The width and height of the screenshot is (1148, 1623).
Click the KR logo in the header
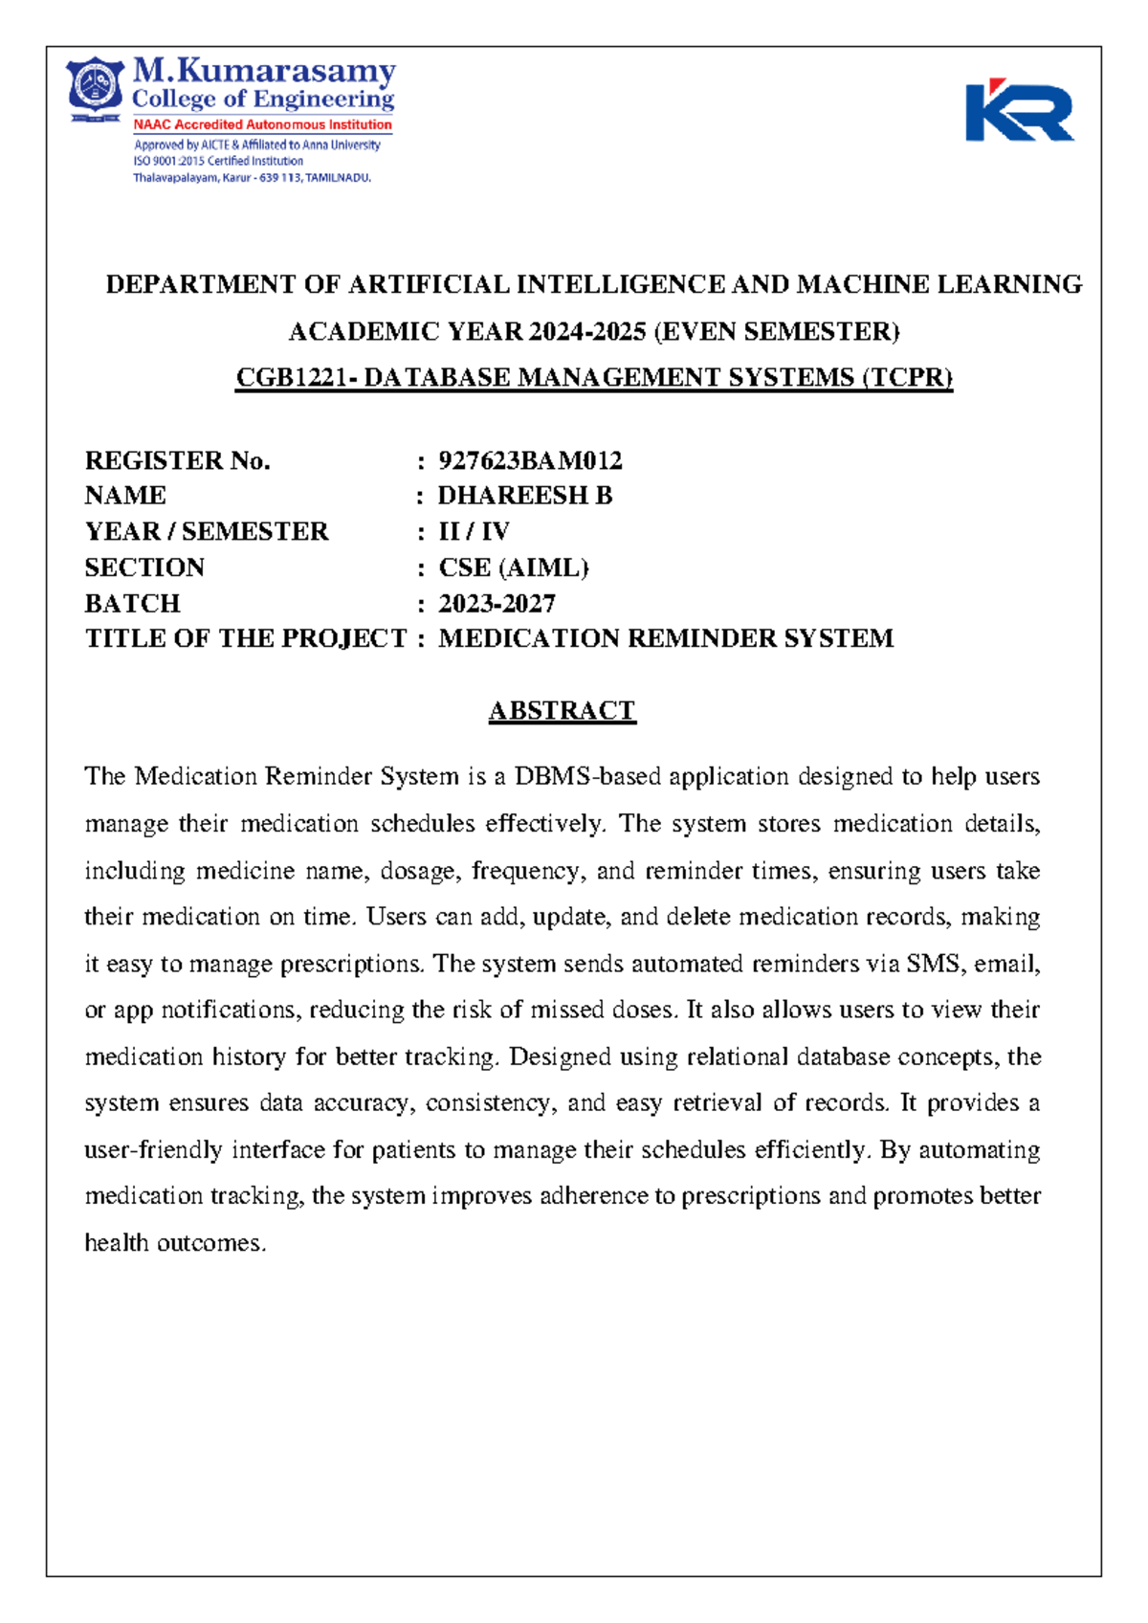coord(1019,111)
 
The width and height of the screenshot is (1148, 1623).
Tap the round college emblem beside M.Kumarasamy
coord(95,87)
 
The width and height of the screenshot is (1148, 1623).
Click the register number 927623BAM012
coord(530,460)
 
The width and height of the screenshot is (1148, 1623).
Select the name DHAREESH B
coord(524,496)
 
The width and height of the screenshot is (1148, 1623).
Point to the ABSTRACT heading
coord(562,711)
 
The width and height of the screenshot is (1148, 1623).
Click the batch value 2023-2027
coord(497,604)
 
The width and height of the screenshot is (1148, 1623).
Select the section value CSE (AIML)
coord(513,567)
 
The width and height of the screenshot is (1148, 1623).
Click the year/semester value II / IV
coord(474,531)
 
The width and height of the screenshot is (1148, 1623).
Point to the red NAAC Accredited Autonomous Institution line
coord(262,124)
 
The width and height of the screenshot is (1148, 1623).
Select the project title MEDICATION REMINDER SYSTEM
coord(665,638)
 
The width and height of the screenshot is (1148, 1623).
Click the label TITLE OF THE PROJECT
coord(246,638)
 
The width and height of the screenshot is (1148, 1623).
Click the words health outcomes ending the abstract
coord(174,1243)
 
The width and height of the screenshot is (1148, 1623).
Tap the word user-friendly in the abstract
coord(153,1149)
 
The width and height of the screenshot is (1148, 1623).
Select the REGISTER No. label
coord(178,460)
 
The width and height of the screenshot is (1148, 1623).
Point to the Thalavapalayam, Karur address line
coord(251,178)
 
